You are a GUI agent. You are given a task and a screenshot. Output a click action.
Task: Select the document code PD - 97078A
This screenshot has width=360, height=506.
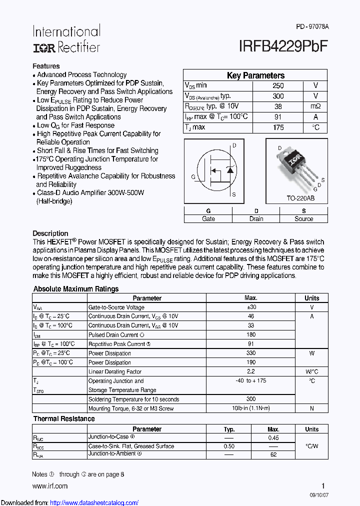tap(312, 26)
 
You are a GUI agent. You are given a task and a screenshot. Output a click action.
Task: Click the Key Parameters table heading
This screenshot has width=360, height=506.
tap(255, 75)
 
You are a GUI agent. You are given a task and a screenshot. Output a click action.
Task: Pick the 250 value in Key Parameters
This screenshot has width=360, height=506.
tap(278, 85)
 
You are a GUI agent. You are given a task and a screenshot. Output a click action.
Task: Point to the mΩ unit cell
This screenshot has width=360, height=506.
tap(315, 106)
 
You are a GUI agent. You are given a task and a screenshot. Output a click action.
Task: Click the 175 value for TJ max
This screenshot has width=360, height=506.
tap(278, 127)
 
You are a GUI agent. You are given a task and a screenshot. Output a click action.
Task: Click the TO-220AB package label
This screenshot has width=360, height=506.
tap(300, 198)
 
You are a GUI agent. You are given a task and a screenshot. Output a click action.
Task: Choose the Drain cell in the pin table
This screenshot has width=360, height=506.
tap(256, 218)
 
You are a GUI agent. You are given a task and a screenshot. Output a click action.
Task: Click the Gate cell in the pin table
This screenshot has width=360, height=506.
tap(208, 218)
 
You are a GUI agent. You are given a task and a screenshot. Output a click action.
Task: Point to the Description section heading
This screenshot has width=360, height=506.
tap(50, 233)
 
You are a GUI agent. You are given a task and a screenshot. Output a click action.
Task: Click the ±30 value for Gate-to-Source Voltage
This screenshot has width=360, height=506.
tap(251, 307)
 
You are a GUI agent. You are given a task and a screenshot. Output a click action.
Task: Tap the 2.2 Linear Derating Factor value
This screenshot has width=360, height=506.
tap(251, 371)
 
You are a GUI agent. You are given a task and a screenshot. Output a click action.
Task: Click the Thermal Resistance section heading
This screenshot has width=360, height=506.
tap(64, 418)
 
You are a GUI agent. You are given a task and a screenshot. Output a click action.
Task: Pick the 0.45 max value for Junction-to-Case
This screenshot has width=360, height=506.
tap(273, 437)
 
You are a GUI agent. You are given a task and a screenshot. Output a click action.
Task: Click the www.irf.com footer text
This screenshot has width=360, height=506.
tap(50, 486)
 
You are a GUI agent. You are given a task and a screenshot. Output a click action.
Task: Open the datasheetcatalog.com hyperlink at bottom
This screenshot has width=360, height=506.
tap(94, 502)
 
